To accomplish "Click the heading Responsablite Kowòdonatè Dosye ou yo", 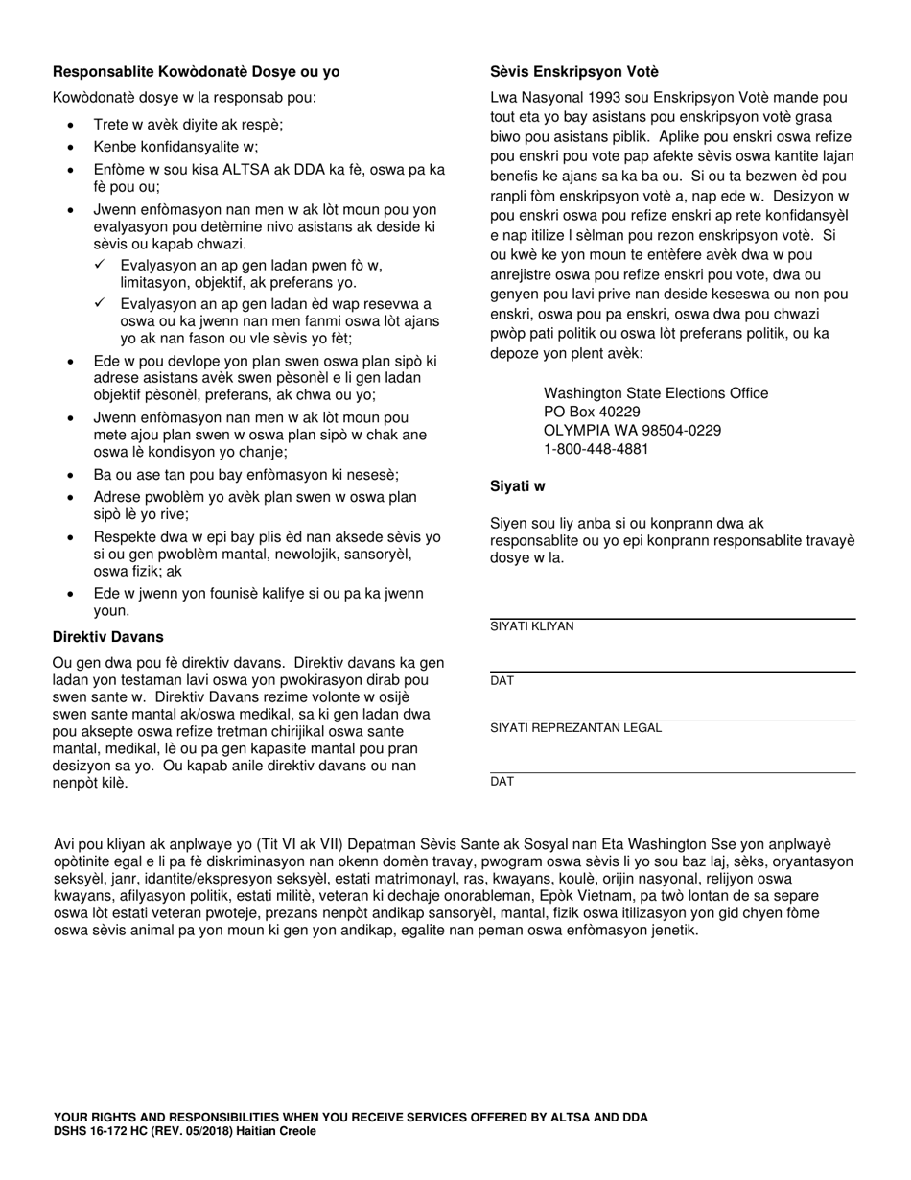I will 196,72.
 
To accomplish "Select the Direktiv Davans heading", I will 107,637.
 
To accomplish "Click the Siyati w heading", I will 518,486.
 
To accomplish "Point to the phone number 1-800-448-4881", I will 596,449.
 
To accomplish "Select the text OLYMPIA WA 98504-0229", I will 632,431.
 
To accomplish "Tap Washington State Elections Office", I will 655,393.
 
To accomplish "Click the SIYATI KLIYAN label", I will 531,627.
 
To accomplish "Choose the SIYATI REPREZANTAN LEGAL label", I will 575,728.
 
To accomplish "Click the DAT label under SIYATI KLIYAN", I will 502,681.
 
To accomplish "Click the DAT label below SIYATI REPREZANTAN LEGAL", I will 502,782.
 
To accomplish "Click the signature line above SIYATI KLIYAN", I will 671,619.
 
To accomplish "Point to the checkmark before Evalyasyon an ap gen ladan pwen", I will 100,265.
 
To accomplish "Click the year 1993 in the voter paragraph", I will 592,98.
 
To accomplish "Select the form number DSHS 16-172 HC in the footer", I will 106,1131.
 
